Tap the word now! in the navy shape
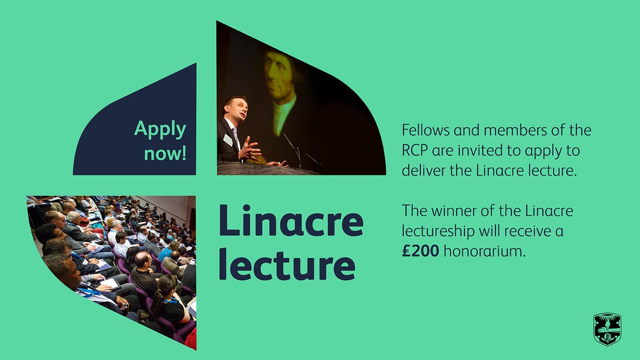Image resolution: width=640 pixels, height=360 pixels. click(x=166, y=154)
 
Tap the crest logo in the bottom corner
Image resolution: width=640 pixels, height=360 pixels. click(x=607, y=329)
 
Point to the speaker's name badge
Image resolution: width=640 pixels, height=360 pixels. click(x=228, y=140)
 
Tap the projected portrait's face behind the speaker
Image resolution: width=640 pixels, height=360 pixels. click(x=281, y=77)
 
